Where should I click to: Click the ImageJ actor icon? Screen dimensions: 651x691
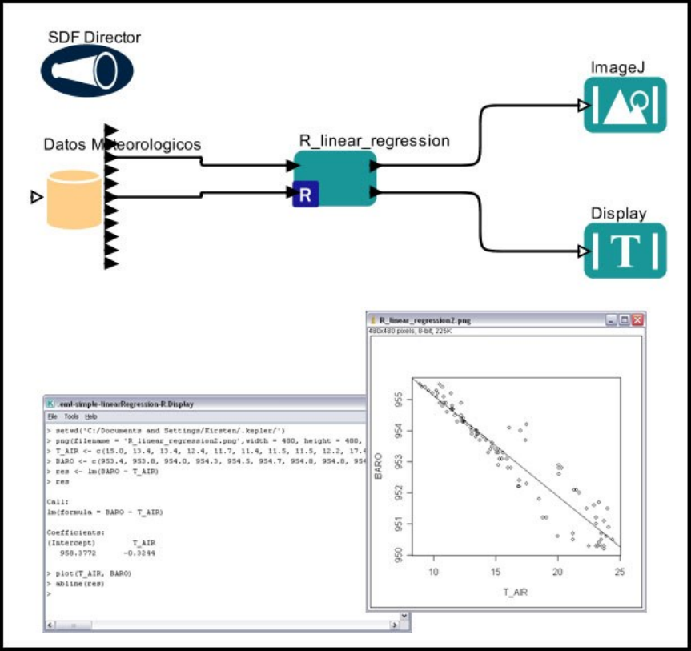[625, 104]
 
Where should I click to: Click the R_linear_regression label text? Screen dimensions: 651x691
[374, 141]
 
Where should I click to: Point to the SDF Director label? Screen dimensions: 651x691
[94, 38]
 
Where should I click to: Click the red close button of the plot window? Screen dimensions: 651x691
[637, 319]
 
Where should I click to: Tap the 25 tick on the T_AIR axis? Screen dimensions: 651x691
[620, 571]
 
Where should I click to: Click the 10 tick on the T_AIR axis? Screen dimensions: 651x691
[434, 571]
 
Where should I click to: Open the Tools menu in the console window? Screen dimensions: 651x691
[71, 417]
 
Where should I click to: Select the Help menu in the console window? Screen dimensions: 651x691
[91, 417]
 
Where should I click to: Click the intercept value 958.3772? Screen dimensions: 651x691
[75, 553]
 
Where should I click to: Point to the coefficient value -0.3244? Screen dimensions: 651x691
[139, 553]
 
